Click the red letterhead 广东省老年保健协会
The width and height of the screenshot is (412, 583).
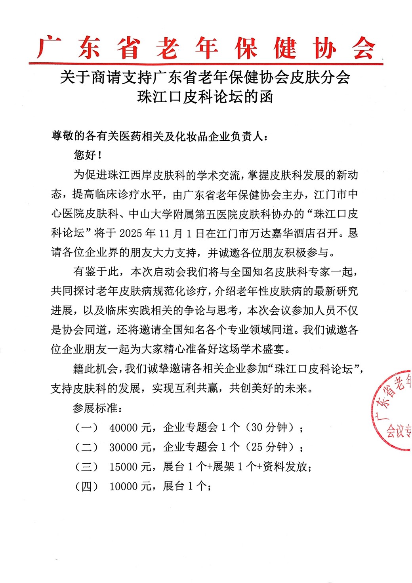point(206,48)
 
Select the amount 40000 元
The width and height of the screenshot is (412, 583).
point(130,428)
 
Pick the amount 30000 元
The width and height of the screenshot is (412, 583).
point(130,447)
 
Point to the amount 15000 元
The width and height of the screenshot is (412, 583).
point(130,467)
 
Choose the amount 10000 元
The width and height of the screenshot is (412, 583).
point(130,486)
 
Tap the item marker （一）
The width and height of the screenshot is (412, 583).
point(86,428)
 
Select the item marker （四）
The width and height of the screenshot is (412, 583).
point(86,486)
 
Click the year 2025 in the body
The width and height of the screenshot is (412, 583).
point(131,233)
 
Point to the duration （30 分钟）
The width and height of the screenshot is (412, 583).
point(271,428)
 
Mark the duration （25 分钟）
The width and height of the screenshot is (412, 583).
point(271,447)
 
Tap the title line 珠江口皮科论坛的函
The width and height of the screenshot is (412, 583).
point(205,97)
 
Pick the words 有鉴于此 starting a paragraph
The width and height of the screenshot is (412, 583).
point(96,272)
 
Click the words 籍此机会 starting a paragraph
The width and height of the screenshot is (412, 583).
point(96,369)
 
